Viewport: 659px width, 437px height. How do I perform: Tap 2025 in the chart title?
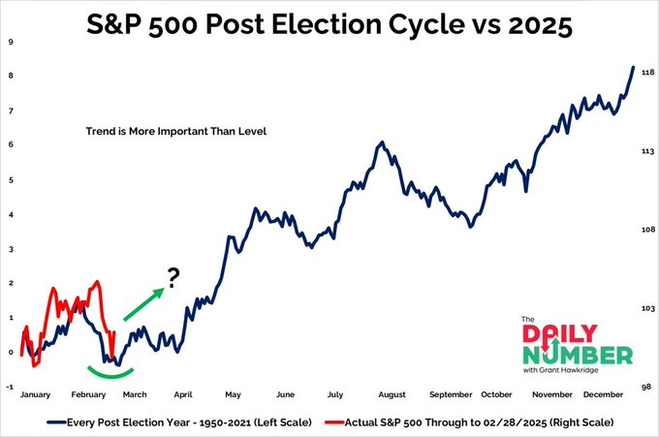point(537,24)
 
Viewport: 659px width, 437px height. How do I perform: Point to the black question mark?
point(173,279)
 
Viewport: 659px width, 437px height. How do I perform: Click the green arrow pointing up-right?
point(141,303)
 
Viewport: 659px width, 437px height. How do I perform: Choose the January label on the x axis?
point(36,394)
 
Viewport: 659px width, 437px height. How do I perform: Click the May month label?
point(234,394)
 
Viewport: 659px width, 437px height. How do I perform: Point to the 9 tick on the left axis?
point(10,43)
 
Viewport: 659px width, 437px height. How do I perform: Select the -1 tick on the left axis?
point(9,386)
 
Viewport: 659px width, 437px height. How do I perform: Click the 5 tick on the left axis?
point(10,179)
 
